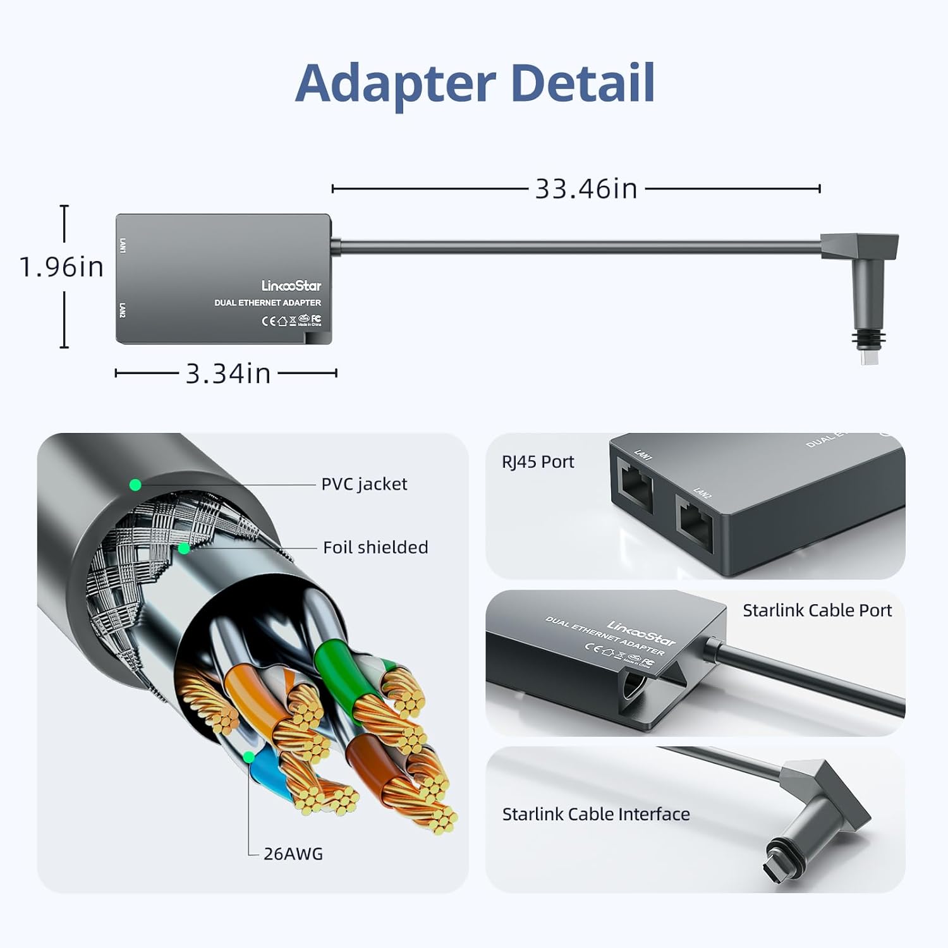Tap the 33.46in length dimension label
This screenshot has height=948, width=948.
point(586,189)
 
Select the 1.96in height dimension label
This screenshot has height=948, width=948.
point(61,267)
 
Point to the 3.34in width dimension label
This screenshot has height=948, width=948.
point(228,374)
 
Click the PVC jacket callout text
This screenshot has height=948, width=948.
point(364,484)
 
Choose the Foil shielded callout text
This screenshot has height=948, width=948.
point(375,547)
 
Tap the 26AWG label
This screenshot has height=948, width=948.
point(293,854)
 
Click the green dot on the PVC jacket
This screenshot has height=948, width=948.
point(135,485)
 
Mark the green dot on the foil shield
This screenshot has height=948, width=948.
point(184,548)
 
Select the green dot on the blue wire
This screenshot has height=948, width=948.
point(249,757)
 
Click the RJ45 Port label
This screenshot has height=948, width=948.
point(538,462)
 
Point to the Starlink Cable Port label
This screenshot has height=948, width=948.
point(817,611)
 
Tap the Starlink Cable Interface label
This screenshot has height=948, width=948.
point(596,814)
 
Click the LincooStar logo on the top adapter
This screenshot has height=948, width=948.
point(291,286)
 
